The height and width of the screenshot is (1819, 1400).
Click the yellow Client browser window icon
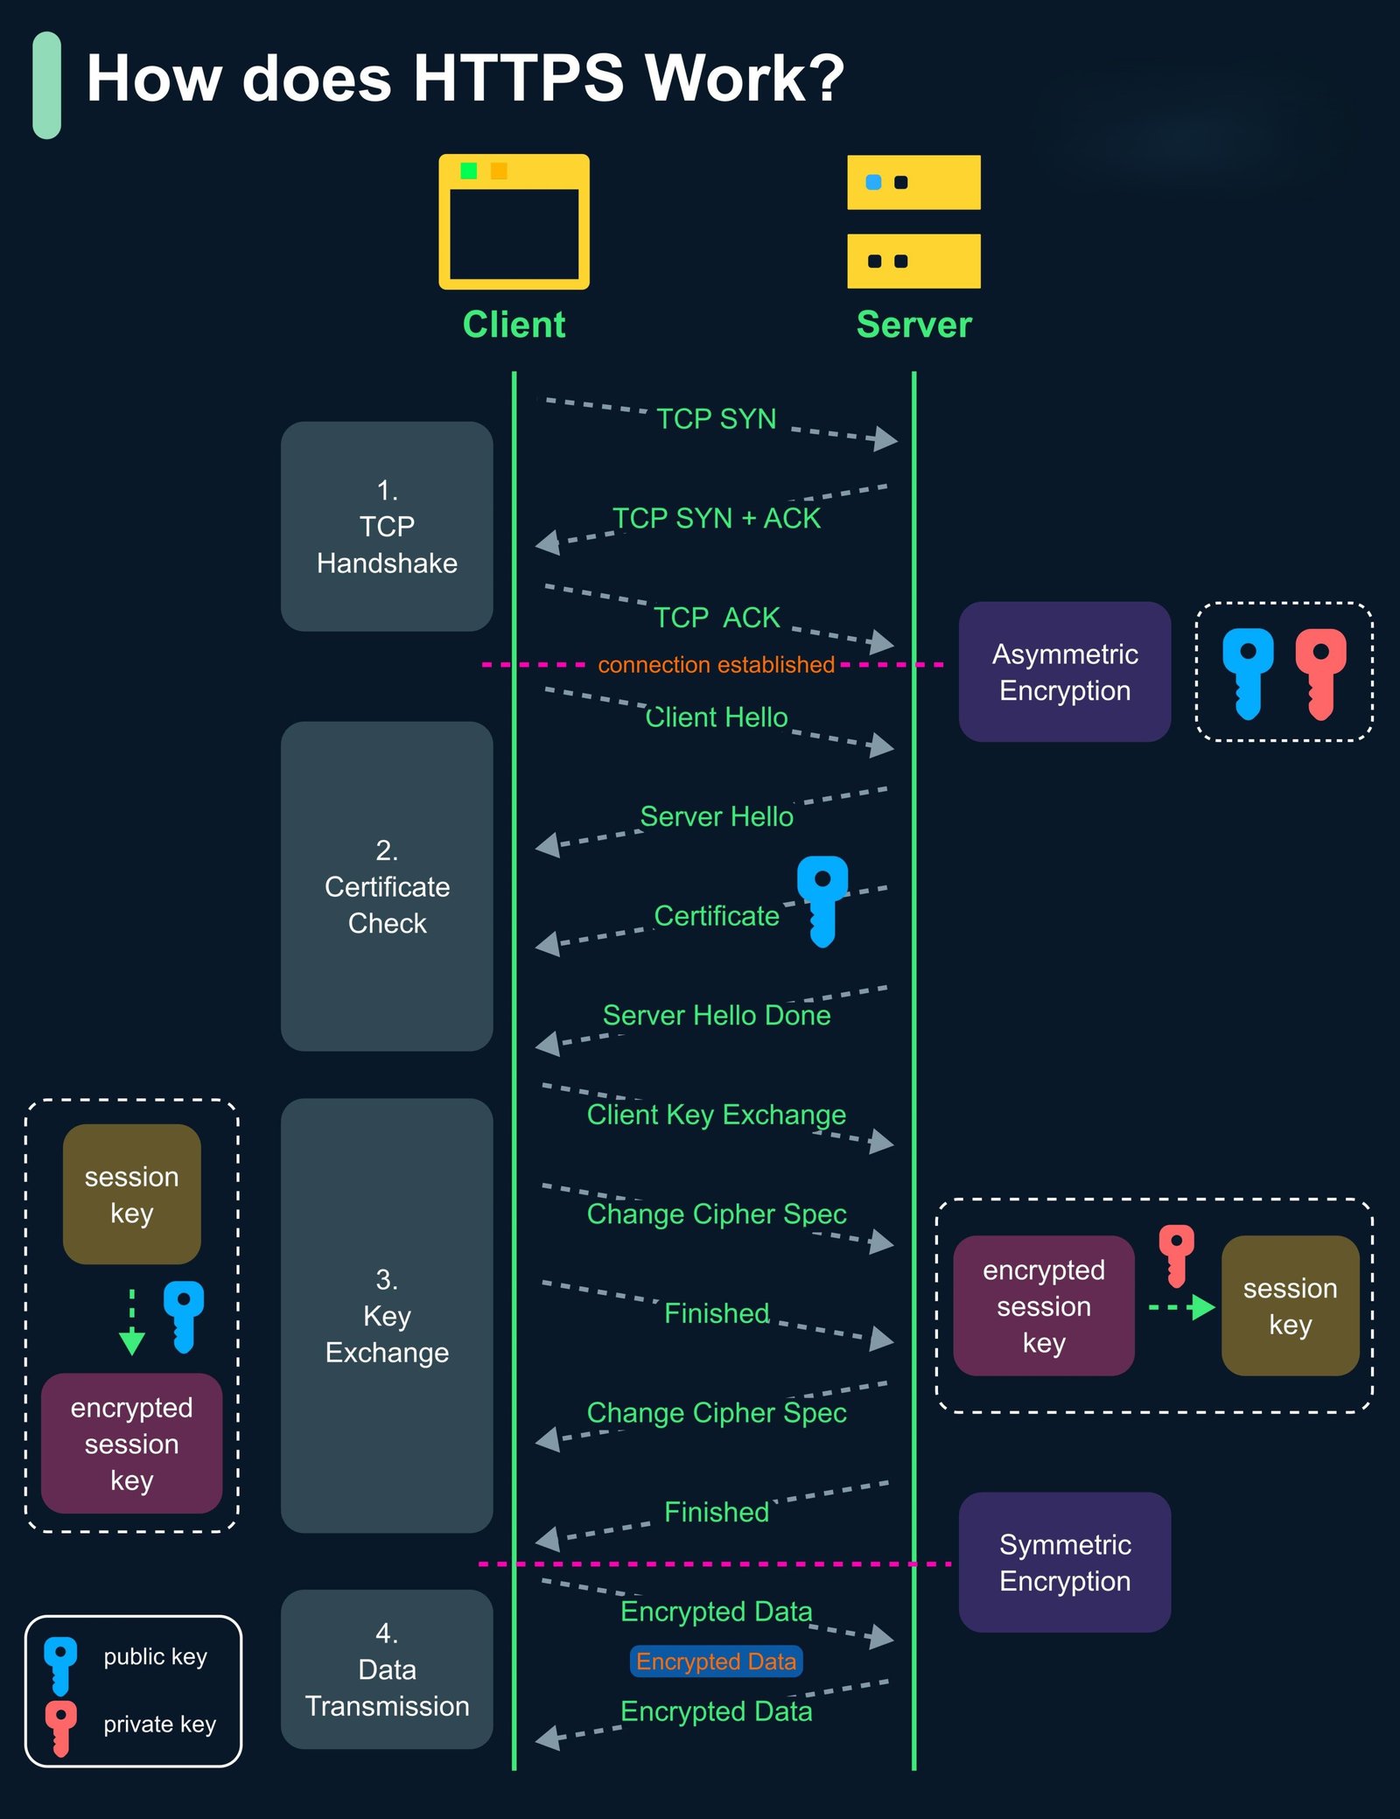pos(514,221)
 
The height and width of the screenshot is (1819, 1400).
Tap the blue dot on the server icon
pos(872,182)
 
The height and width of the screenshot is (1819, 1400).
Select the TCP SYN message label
pos(716,419)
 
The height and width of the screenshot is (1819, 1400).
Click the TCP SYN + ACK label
pos(716,518)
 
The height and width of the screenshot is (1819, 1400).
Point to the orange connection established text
pos(716,665)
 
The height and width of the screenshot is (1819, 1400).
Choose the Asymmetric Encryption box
pos(1064,672)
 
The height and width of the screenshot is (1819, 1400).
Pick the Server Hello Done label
pos(716,1015)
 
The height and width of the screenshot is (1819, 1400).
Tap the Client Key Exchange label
pos(716,1115)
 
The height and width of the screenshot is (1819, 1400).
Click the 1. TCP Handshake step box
pos(387,526)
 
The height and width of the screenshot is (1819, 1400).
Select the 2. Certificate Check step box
pos(387,886)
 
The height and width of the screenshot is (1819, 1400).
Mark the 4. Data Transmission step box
pos(387,1669)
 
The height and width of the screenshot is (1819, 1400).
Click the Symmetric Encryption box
pos(1064,1563)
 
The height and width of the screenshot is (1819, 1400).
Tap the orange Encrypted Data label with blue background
pos(716,1662)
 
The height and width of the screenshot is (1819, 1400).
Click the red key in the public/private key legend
pos(60,1726)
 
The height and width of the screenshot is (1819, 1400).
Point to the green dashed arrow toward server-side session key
pos(1181,1307)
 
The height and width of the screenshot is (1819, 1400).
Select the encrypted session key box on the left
pos(131,1444)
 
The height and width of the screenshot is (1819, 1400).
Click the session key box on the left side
pos(131,1194)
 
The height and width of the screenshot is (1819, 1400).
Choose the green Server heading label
pos(913,325)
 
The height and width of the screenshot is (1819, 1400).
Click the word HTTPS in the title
pos(518,79)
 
